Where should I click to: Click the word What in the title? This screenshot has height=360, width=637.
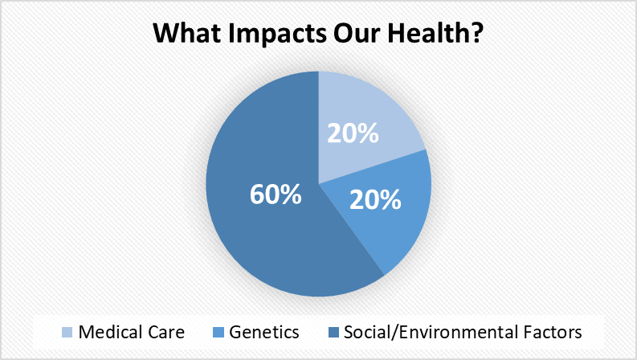coord(187,33)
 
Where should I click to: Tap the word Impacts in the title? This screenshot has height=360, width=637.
coord(277,34)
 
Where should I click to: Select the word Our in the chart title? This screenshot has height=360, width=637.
coord(357,33)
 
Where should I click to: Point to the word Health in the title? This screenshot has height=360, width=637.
coord(427,32)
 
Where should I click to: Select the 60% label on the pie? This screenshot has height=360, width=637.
coord(276,194)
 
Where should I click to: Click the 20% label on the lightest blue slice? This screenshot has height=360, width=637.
coord(353,133)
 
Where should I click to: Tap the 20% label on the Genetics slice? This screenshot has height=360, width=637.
coord(375,200)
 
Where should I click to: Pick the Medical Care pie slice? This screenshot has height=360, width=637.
coord(361,118)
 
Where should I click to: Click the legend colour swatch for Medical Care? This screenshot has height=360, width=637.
coord(67,333)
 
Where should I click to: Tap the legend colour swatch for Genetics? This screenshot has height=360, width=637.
coord(218,333)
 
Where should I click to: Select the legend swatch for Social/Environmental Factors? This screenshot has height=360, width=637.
coord(333,333)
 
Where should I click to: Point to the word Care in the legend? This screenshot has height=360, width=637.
coord(166,333)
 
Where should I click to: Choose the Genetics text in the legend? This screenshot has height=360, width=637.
coord(264,332)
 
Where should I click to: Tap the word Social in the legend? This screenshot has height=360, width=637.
coord(368,332)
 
